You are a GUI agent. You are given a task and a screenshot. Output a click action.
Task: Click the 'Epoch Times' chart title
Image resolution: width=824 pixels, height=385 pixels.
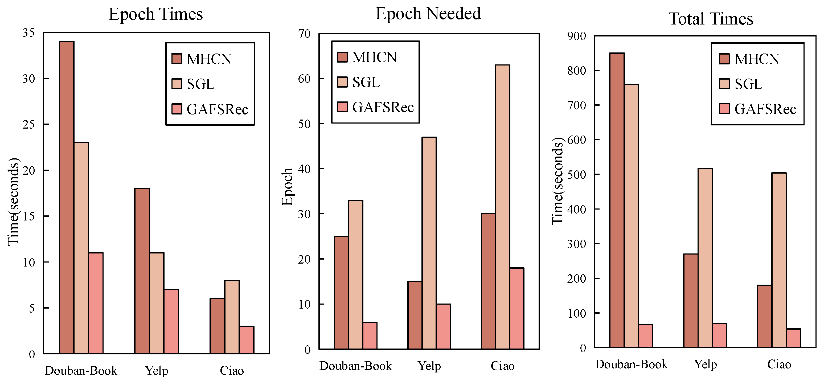click(x=156, y=14)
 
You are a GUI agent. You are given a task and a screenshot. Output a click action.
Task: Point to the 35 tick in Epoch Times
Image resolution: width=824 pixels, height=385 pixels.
click(x=28, y=33)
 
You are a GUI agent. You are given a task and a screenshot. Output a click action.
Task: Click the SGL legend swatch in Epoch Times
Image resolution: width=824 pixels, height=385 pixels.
click(x=177, y=84)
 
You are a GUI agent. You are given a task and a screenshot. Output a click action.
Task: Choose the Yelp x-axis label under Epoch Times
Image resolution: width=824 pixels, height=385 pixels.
click(x=157, y=371)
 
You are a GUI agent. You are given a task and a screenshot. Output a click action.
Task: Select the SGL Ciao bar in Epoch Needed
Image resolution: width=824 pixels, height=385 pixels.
click(x=503, y=207)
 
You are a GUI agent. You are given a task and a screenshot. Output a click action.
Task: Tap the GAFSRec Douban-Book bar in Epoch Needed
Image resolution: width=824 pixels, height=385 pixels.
click(x=370, y=335)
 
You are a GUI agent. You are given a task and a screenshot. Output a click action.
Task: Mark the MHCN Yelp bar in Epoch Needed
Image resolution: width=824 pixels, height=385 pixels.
click(x=415, y=315)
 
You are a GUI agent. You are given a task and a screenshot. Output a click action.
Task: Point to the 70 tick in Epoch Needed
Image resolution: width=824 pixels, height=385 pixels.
click(x=304, y=34)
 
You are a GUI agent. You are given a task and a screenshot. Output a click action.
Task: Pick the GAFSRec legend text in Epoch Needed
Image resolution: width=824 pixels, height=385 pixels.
click(x=383, y=108)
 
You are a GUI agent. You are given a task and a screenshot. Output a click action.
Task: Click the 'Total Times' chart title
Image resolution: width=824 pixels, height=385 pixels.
click(x=711, y=19)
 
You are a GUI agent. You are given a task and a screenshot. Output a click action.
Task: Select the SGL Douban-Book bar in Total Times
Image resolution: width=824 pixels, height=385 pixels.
click(x=631, y=216)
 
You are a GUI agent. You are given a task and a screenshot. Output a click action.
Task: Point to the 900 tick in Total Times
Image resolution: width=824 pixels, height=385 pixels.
click(x=577, y=36)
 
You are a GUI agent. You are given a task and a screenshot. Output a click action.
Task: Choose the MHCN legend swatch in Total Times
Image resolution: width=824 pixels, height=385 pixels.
click(x=724, y=59)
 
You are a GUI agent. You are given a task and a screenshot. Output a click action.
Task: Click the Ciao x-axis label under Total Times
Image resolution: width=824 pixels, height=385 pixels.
click(x=779, y=364)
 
